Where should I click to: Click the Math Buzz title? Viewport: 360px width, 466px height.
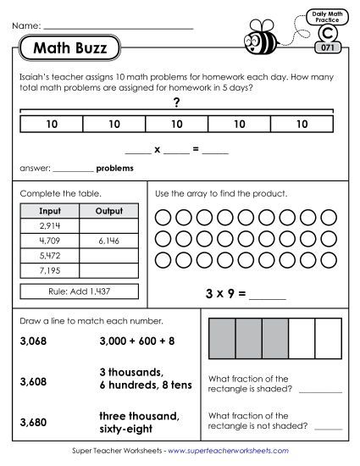tap(69, 49)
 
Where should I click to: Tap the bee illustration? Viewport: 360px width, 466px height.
tap(258, 38)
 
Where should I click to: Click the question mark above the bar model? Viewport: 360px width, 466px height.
tap(176, 103)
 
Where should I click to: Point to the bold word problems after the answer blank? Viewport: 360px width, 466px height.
tap(115, 168)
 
